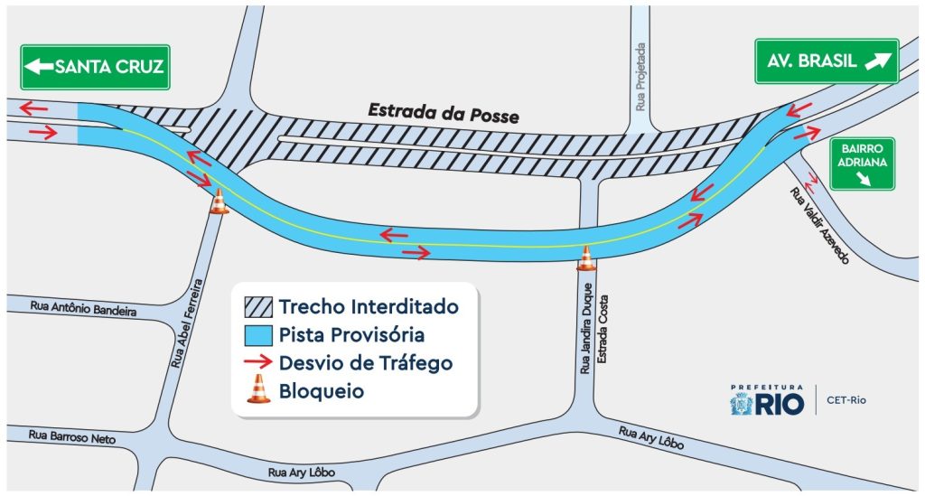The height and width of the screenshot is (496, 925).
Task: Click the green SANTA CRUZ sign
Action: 96,66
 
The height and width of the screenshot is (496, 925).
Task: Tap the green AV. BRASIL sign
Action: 827,61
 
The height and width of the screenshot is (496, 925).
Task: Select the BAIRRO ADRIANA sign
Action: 862,164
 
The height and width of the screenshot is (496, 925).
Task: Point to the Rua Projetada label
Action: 640,76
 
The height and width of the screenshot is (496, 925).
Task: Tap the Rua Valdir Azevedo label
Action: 820,226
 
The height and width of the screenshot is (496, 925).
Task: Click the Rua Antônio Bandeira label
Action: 83,309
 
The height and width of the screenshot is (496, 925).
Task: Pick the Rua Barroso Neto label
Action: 72,436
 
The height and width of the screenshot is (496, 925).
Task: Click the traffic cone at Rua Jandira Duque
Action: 586,258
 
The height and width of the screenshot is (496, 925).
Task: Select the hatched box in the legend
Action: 257,306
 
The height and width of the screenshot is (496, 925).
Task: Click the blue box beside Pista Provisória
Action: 257,335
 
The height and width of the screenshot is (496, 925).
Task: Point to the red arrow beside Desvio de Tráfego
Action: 257,363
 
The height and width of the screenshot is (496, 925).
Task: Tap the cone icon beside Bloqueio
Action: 258,389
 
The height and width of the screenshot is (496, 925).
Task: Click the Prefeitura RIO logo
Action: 767,400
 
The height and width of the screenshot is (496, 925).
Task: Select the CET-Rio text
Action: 846,400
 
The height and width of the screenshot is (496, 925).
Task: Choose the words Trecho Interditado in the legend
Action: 368,306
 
